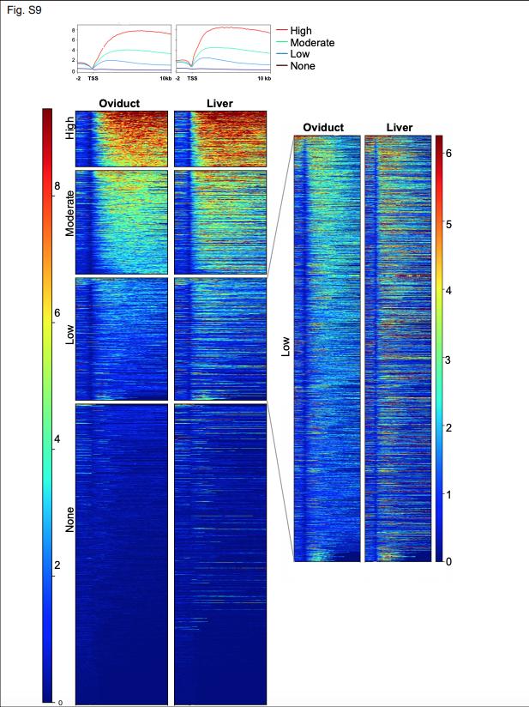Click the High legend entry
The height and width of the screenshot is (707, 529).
(x=301, y=30)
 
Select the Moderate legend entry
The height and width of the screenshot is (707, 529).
(x=312, y=42)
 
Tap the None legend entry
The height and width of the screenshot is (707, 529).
(x=303, y=66)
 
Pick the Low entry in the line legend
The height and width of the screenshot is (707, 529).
(x=300, y=54)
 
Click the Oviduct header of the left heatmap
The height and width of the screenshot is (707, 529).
(x=120, y=104)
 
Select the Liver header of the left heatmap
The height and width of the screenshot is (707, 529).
(x=219, y=104)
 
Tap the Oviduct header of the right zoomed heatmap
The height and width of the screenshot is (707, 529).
(x=323, y=128)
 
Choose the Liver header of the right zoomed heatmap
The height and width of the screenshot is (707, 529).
(x=399, y=128)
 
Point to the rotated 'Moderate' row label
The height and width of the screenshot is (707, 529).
(x=70, y=214)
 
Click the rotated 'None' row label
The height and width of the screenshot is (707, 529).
(x=70, y=518)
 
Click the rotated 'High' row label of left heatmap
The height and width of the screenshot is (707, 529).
(x=70, y=129)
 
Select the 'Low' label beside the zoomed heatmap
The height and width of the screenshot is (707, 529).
(x=286, y=346)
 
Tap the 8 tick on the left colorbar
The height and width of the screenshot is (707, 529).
(x=57, y=185)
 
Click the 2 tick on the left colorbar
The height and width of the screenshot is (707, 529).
(x=57, y=566)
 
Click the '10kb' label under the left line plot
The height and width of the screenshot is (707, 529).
(x=165, y=78)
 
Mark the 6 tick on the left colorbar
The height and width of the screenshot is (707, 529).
(x=57, y=312)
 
